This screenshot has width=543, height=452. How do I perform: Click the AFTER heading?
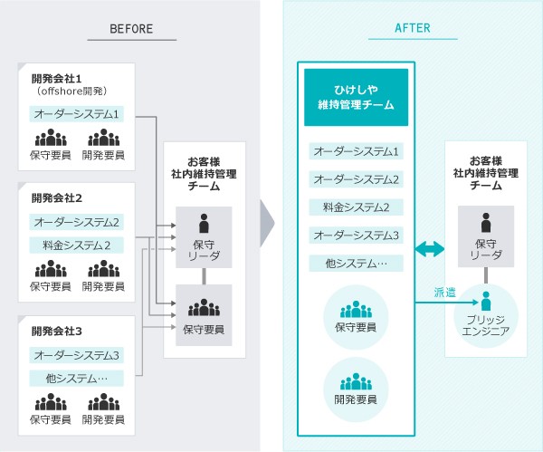point(413,29)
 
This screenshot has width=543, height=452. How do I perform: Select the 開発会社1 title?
point(56,77)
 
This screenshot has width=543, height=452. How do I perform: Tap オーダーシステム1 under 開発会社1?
point(77,115)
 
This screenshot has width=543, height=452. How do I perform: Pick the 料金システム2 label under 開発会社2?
point(77,245)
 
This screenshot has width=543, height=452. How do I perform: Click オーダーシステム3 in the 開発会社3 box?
point(77,355)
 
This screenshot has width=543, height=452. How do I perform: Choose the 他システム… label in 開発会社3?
point(77,378)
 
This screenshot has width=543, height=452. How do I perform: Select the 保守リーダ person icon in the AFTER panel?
point(486,223)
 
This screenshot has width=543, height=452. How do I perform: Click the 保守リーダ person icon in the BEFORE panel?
point(203,223)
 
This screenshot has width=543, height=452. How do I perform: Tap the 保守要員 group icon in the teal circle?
point(356,310)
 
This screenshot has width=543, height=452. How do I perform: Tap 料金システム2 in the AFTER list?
point(356,207)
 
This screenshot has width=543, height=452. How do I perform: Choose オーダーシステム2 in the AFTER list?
point(356,179)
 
